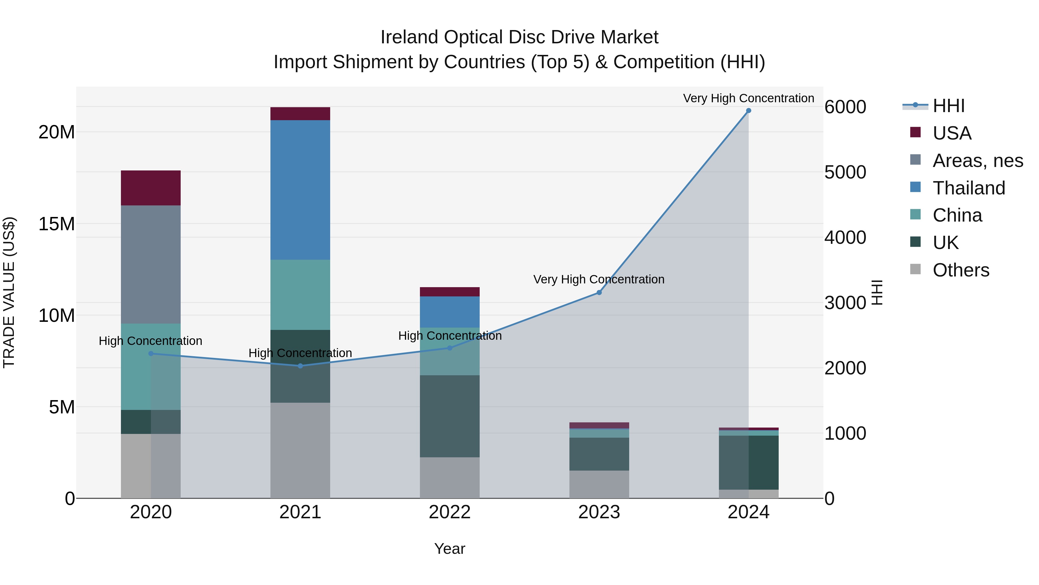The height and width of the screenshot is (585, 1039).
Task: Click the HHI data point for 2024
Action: (748, 111)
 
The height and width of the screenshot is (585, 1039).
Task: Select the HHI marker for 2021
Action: (300, 366)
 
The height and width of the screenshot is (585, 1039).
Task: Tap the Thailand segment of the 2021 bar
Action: (300, 190)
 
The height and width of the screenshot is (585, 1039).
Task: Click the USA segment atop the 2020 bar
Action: (151, 188)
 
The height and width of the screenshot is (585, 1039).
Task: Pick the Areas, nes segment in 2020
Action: (151, 264)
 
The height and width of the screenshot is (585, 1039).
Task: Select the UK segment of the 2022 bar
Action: (450, 416)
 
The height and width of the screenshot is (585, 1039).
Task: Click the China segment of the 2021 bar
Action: (300, 295)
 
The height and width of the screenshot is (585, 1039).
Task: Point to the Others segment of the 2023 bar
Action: (599, 484)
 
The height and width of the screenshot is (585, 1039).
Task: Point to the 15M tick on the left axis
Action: (57, 224)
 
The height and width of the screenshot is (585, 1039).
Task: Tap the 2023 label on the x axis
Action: (599, 512)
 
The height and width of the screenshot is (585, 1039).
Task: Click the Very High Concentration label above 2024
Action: (748, 98)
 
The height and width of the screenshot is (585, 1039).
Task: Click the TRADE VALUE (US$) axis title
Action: (9, 292)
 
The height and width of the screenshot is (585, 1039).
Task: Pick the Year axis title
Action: (450, 549)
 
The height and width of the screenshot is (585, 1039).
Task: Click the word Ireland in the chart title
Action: (409, 37)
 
